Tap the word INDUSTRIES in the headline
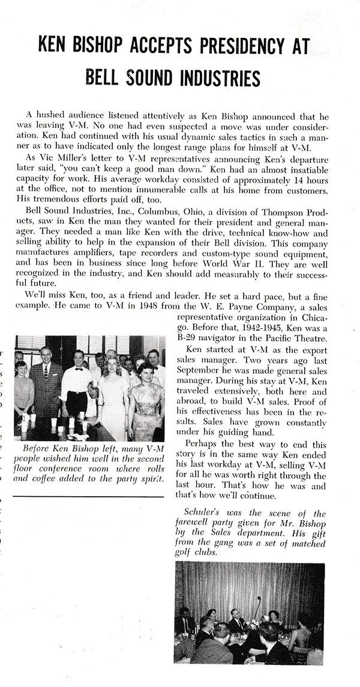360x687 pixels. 212,78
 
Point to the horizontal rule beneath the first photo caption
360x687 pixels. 88,496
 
